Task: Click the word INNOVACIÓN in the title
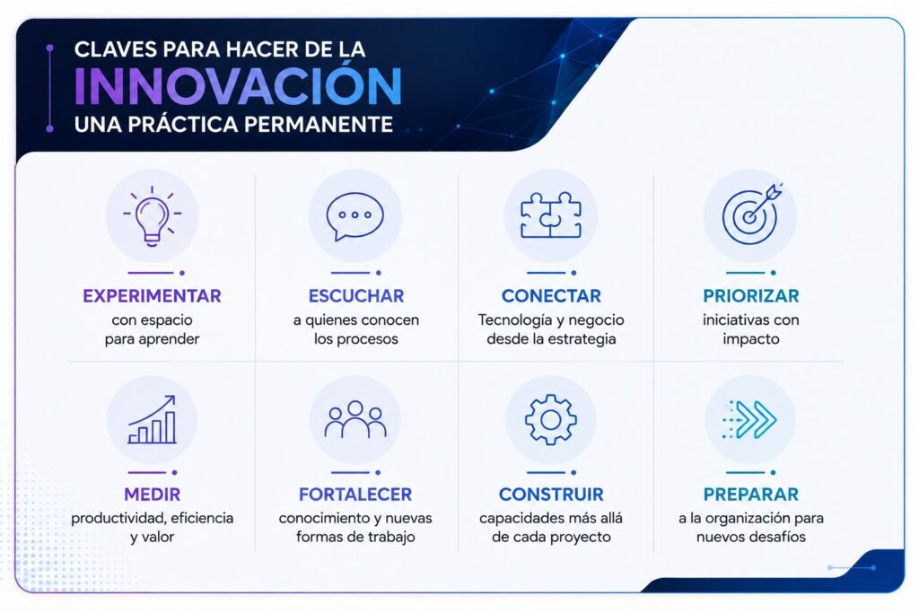click(x=237, y=85)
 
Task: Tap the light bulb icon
click(x=152, y=215)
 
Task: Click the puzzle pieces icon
click(x=551, y=215)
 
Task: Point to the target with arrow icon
click(x=752, y=214)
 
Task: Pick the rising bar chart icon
click(x=152, y=419)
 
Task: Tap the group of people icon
click(x=355, y=419)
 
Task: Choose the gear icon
click(x=551, y=420)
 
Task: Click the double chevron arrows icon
click(x=750, y=420)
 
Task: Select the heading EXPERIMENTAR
click(x=152, y=296)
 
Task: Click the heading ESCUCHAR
click(x=356, y=296)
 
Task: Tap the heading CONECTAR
click(x=552, y=296)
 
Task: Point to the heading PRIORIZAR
click(x=751, y=296)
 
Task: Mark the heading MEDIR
click(x=152, y=495)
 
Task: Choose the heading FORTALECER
click(x=355, y=495)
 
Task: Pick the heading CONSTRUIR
click(x=551, y=495)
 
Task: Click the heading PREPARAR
click(x=751, y=495)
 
